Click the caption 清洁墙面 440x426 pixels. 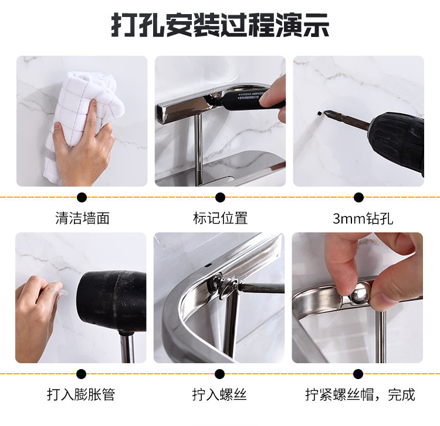coord(82,219)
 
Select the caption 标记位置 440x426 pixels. coord(221,219)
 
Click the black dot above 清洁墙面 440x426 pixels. coord(82,198)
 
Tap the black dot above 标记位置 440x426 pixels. coord(221,198)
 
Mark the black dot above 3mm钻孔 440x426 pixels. coord(358,198)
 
